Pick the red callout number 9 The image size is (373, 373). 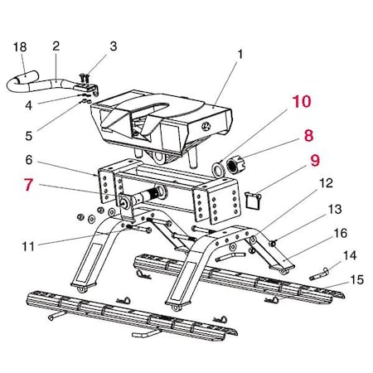coord(314,159)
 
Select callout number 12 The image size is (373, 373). coord(325,182)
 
